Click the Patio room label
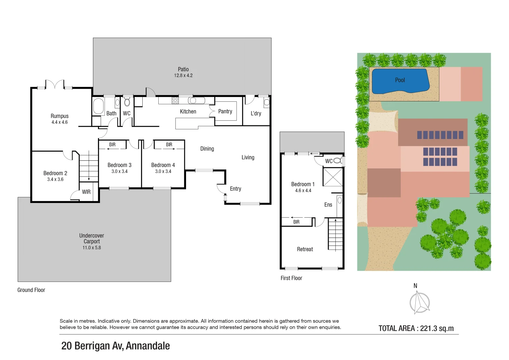tap(183, 69)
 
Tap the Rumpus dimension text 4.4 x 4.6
tap(59, 122)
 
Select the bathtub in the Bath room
tap(98, 106)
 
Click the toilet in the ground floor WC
tap(127, 102)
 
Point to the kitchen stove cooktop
tap(175, 100)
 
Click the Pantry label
tap(225, 111)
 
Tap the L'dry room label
tap(256, 113)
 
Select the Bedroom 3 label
tap(119, 165)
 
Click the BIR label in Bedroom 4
tap(169, 145)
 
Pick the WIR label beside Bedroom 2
tap(86, 192)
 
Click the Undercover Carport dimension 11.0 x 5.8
tap(92, 248)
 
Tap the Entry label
tap(235, 189)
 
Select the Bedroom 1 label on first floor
tap(303, 184)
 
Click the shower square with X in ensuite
tap(333, 177)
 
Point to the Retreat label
tap(305, 249)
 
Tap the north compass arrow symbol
tap(419, 302)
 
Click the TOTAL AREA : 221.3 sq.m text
tap(416, 328)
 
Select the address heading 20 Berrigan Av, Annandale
tap(115, 346)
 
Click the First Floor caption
tap(291, 278)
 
